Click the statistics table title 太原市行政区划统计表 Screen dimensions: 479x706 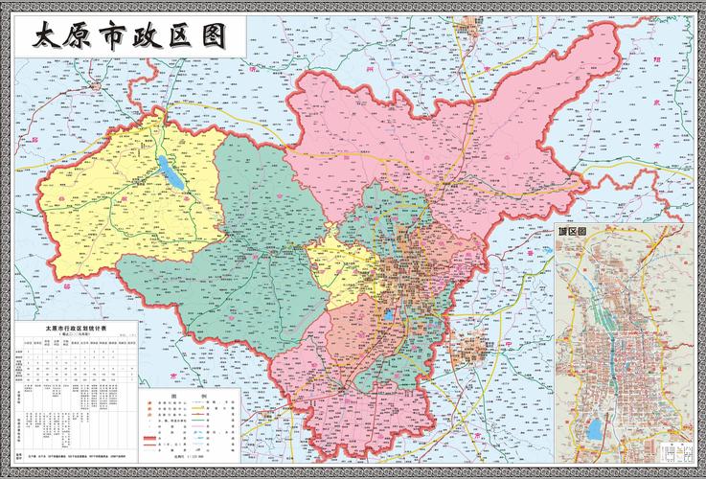(x=78, y=329)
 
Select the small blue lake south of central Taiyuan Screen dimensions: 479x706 (x=389, y=313)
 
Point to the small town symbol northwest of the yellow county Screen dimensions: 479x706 (x=97, y=86)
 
